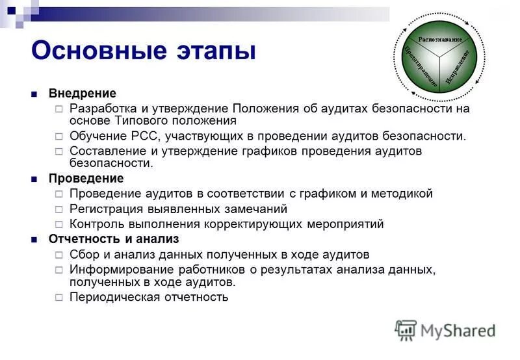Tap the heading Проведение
[x=86, y=178]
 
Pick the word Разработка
[x=103, y=108]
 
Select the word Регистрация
[x=107, y=209]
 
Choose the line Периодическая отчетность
[x=149, y=297]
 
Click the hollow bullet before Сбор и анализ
[x=58, y=255]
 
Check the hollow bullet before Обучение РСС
[x=58, y=136]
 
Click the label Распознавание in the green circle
[x=440, y=40]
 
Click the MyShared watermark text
[x=458, y=330]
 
